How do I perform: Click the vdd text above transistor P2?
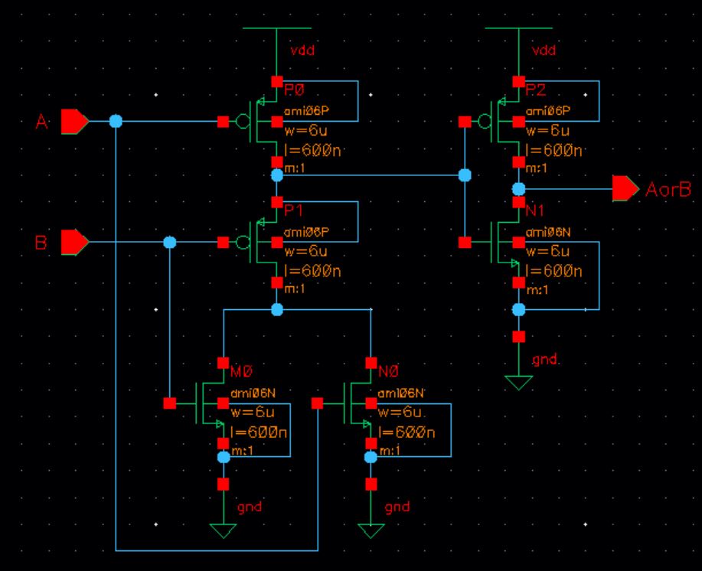[542, 51]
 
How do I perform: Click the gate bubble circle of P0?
[243, 121]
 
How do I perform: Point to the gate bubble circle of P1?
[243, 242]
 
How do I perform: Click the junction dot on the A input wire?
[116, 121]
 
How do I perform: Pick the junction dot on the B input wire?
[170, 242]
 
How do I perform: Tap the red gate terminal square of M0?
[170, 402]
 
